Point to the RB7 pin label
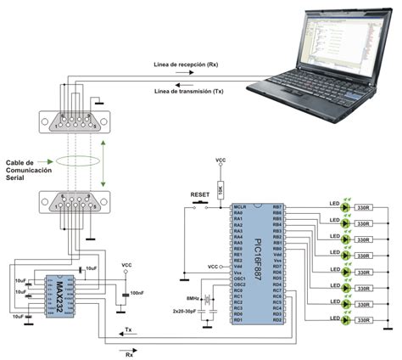(x=276, y=205)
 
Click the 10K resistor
(x=220, y=188)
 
